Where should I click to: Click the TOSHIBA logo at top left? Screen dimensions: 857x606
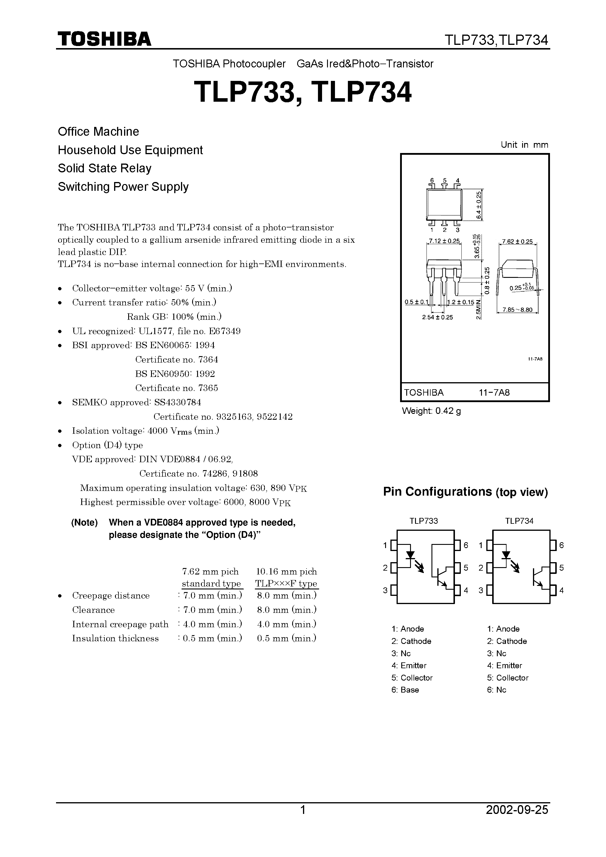click(104, 39)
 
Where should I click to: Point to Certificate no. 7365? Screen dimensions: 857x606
click(176, 388)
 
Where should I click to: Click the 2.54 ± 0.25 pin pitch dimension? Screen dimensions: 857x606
click(437, 317)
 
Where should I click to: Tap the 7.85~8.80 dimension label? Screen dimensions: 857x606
click(517, 310)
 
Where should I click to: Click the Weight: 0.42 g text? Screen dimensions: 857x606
click(431, 411)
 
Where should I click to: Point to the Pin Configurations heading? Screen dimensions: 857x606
click(465, 492)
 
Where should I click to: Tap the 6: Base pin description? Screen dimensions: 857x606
click(405, 690)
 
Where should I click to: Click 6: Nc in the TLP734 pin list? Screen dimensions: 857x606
click(497, 690)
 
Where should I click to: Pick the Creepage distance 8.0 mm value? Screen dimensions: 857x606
click(287, 595)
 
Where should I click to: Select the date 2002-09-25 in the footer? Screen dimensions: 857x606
click(517, 820)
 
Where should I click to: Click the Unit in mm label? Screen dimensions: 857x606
click(524, 145)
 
